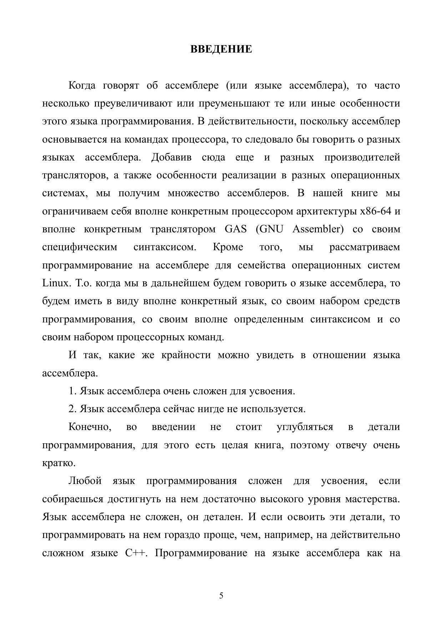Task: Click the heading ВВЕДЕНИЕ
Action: pyautogui.click(x=221, y=49)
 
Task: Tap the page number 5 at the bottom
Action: pyautogui.click(x=221, y=596)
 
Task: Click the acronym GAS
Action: pyautogui.click(x=236, y=229)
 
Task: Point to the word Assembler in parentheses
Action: pyautogui.click(x=318, y=229)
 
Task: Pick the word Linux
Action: pyautogui.click(x=55, y=283)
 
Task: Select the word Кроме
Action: pyautogui.click(x=228, y=247)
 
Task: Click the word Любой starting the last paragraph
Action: pyautogui.click(x=85, y=481)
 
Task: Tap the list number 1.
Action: pyautogui.click(x=72, y=391)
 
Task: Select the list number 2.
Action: pyautogui.click(x=72, y=409)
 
